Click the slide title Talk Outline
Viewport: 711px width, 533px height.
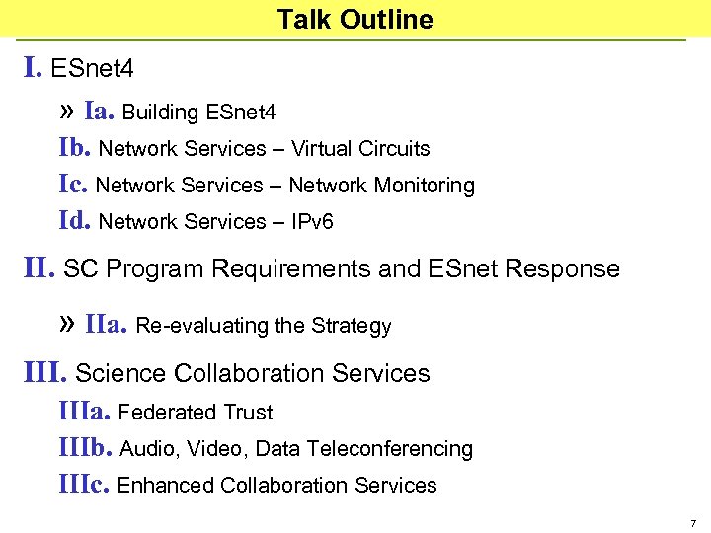[355, 20]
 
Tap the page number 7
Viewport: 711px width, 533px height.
[693, 522]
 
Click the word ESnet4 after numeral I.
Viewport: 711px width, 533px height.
[92, 69]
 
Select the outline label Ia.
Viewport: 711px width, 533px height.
[101, 112]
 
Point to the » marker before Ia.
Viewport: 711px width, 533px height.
[67, 112]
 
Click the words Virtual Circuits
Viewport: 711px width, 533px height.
[360, 149]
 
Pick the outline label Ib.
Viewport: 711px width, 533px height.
[76, 148]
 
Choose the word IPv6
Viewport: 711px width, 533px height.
[312, 222]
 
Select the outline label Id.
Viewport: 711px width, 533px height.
[76, 221]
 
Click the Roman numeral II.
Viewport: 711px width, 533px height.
[39, 268]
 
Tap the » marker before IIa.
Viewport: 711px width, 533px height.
[67, 324]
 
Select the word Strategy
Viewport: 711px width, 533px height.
[352, 326]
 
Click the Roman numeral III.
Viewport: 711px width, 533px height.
[45, 373]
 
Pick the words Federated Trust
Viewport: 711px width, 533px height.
[195, 413]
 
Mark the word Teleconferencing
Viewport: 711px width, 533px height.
[390, 449]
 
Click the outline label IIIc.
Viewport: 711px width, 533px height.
[85, 485]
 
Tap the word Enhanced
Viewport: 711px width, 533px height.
[166, 486]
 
